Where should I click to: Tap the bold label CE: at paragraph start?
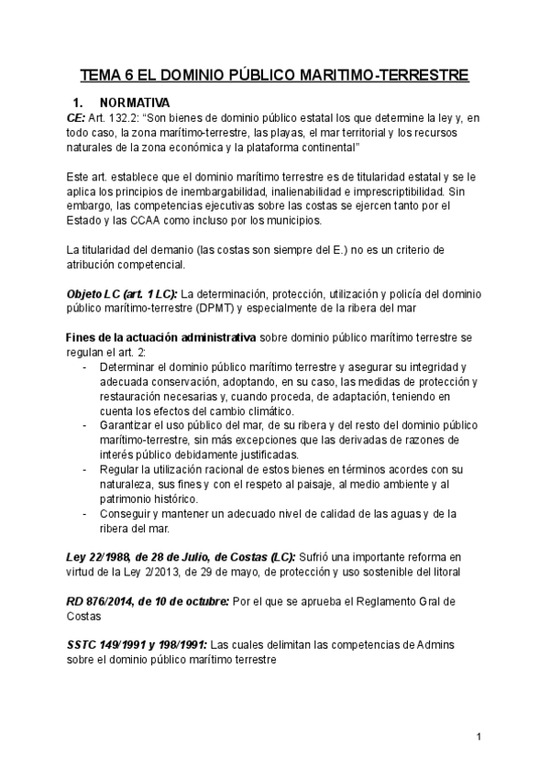[x=76, y=118]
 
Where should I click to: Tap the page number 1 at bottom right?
[x=478, y=737]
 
